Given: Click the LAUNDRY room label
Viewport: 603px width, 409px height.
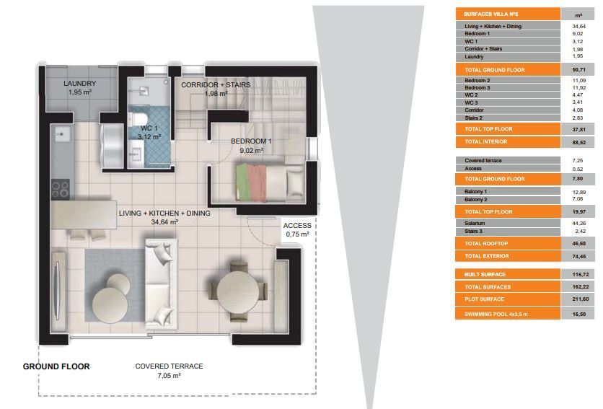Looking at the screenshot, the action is pyautogui.click(x=79, y=84).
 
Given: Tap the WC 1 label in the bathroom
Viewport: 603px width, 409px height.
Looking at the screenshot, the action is pyautogui.click(x=149, y=128).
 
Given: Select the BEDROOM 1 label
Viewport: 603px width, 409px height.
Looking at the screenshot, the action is pyautogui.click(x=251, y=141).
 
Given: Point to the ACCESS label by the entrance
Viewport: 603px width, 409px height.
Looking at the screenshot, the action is pyautogui.click(x=297, y=226).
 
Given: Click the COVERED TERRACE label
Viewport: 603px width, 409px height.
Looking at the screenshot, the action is pyautogui.click(x=170, y=366).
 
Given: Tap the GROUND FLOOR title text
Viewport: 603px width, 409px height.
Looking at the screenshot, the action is pyautogui.click(x=56, y=366).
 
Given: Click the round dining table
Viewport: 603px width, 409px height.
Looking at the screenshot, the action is pyautogui.click(x=237, y=291).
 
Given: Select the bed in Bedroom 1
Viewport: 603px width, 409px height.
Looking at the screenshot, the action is pyautogui.click(x=270, y=182).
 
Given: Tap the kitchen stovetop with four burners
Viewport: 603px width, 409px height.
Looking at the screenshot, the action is pyautogui.click(x=61, y=189).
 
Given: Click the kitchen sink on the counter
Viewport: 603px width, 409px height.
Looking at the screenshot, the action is pyautogui.click(x=61, y=134).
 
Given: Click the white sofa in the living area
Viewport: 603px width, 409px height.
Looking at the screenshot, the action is pyautogui.click(x=161, y=284).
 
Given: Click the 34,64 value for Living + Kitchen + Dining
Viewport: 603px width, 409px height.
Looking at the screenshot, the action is pyautogui.click(x=578, y=26).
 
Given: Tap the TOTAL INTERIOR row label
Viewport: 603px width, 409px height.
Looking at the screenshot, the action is pyautogui.click(x=486, y=141).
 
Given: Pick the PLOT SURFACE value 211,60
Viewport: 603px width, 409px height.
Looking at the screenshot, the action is pyautogui.click(x=581, y=299).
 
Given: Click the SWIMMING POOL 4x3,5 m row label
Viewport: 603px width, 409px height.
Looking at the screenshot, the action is pyautogui.click(x=496, y=314).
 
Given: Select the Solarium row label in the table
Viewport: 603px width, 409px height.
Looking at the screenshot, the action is pyautogui.click(x=475, y=223).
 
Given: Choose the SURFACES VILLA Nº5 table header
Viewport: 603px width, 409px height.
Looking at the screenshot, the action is pyautogui.click(x=490, y=14).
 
